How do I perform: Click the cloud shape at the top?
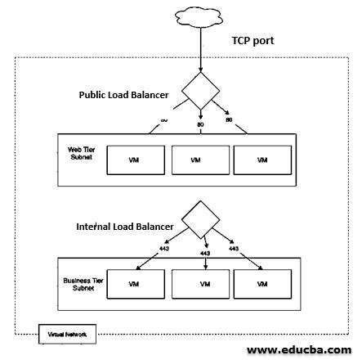[x=199, y=17]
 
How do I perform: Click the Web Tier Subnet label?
[x=79, y=154]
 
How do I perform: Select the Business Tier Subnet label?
[x=78, y=283]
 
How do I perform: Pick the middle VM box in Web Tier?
[x=199, y=160]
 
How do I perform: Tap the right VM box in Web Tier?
[x=262, y=160]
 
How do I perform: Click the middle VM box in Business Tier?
[x=199, y=284]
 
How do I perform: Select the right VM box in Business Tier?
[x=262, y=284]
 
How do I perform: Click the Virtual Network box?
[x=69, y=335]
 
